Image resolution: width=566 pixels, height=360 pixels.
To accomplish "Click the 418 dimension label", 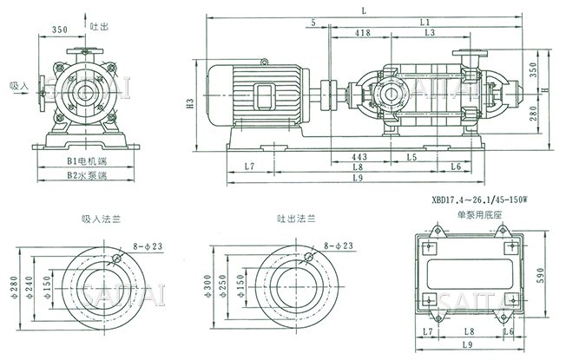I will [x=364, y=32].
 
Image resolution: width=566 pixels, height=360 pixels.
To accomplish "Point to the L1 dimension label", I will [x=425, y=21].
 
